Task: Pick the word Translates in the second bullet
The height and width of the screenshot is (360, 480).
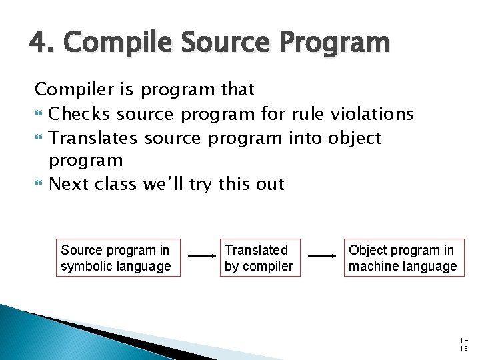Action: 93,138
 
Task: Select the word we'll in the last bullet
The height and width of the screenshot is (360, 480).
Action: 163,183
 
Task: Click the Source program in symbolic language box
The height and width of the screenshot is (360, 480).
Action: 118,258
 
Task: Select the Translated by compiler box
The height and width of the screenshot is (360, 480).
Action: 259,258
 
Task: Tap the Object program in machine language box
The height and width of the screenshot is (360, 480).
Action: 403,258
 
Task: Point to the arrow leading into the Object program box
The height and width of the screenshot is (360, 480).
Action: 323,255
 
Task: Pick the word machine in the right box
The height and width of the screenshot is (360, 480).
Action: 371,267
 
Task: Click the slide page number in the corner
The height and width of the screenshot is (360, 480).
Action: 464,344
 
